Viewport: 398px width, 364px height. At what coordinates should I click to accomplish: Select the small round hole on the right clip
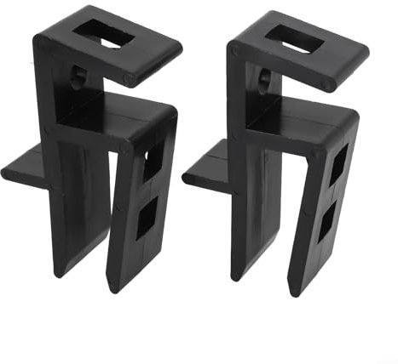(262, 78)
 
